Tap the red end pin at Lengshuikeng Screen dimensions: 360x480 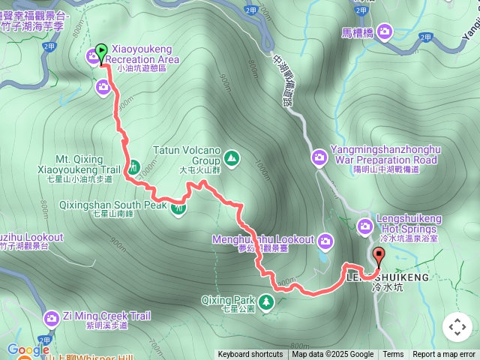tap(377, 257)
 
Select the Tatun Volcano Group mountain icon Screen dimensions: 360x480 tap(232, 157)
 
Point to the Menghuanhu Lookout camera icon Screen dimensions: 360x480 tap(325, 241)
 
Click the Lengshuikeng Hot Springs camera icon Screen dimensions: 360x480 tap(365, 225)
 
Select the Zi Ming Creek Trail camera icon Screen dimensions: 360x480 tap(52, 318)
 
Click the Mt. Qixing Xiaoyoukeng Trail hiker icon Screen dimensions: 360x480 tap(131, 166)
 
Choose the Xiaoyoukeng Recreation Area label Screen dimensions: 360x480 tap(142, 59)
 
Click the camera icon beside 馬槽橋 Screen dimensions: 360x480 tap(385, 31)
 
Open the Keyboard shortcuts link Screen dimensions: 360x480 tap(250, 355)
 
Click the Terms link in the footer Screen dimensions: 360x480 tap(393, 355)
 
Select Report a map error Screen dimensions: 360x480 tap(444, 355)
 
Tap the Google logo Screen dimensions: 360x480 tap(28, 349)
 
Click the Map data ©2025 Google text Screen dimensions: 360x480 tap(332, 355)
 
